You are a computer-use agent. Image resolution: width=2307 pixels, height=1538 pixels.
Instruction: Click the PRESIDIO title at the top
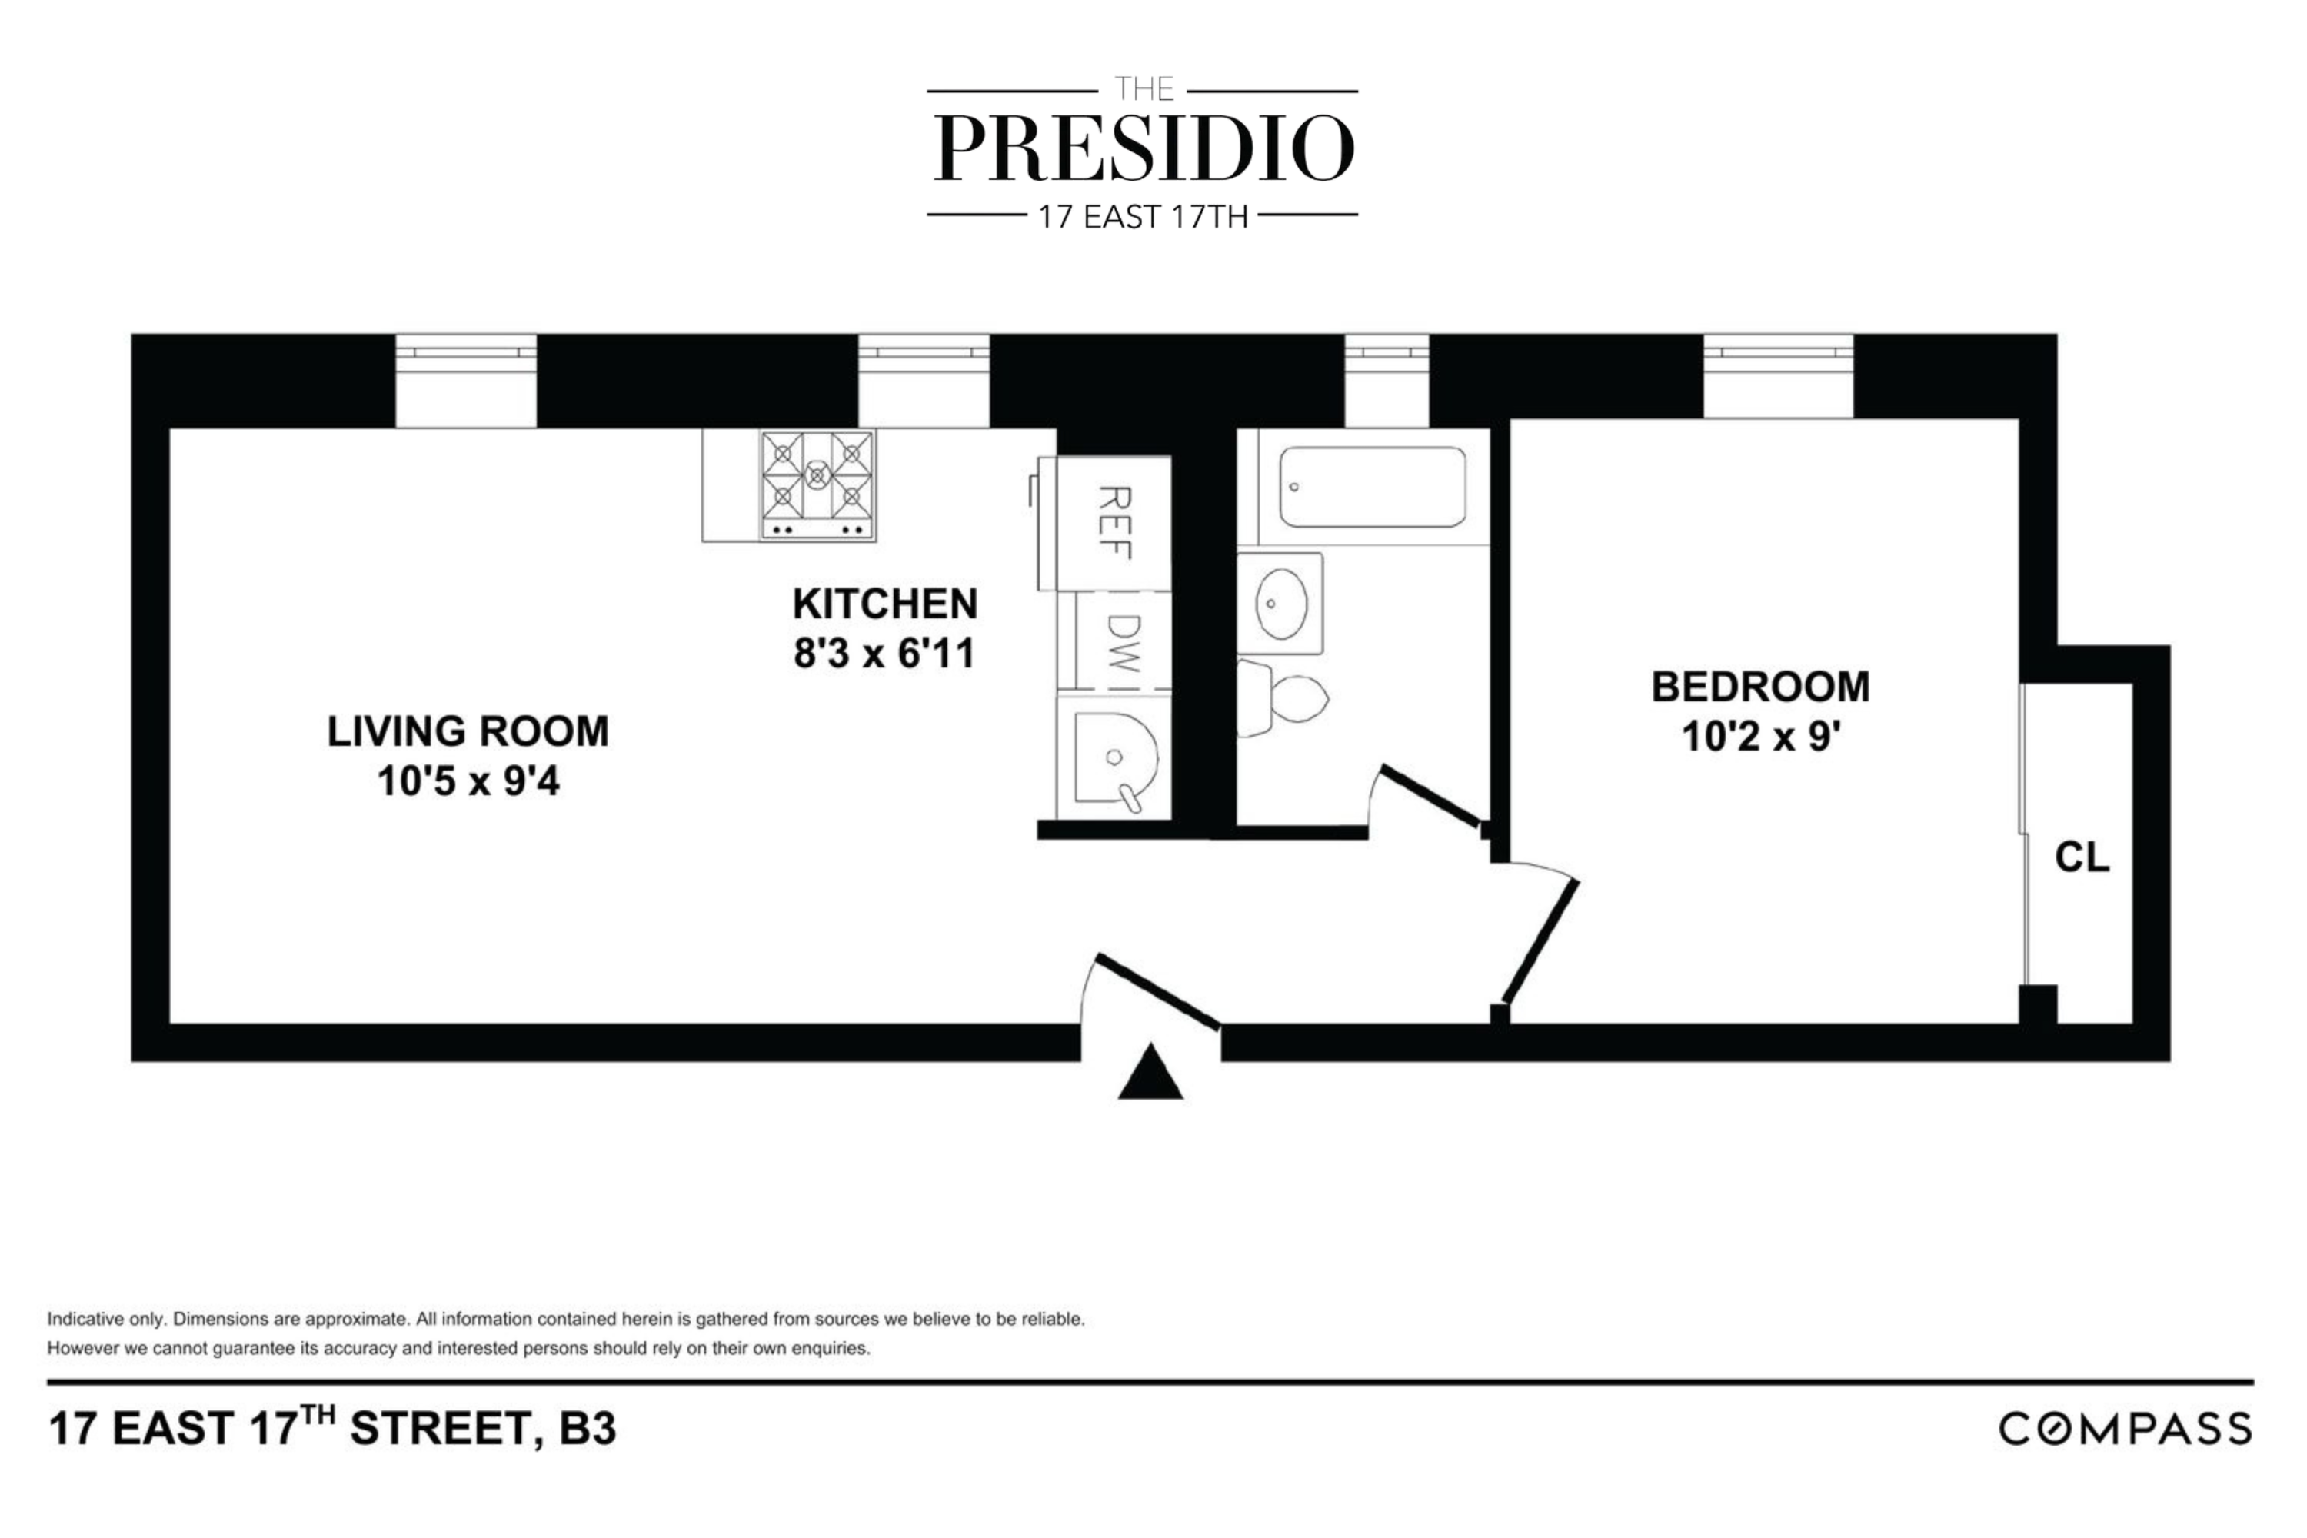pyautogui.click(x=1143, y=149)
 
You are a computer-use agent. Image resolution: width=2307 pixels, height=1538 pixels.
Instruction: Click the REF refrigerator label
pyautogui.click(x=1114, y=522)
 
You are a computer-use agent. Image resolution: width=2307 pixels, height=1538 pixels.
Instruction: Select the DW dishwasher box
pyautogui.click(x=1123, y=641)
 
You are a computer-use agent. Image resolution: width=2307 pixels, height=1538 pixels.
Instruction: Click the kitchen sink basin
pyautogui.click(x=1114, y=757)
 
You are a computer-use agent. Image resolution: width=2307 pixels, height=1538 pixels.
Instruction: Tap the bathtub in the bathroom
pyautogui.click(x=1371, y=488)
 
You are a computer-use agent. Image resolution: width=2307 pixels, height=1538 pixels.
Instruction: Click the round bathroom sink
pyautogui.click(x=1280, y=602)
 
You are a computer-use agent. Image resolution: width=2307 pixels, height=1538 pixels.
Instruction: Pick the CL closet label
pyautogui.click(x=2082, y=857)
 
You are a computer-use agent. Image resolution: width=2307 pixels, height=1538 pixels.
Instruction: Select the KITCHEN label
pyautogui.click(x=885, y=603)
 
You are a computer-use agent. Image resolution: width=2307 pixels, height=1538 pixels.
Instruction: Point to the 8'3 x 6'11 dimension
pyautogui.click(x=885, y=653)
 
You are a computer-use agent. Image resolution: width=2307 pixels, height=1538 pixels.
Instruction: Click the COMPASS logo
pyautogui.click(x=2126, y=1429)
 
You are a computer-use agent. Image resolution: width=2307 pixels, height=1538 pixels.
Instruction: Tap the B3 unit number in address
pyautogui.click(x=588, y=1429)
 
